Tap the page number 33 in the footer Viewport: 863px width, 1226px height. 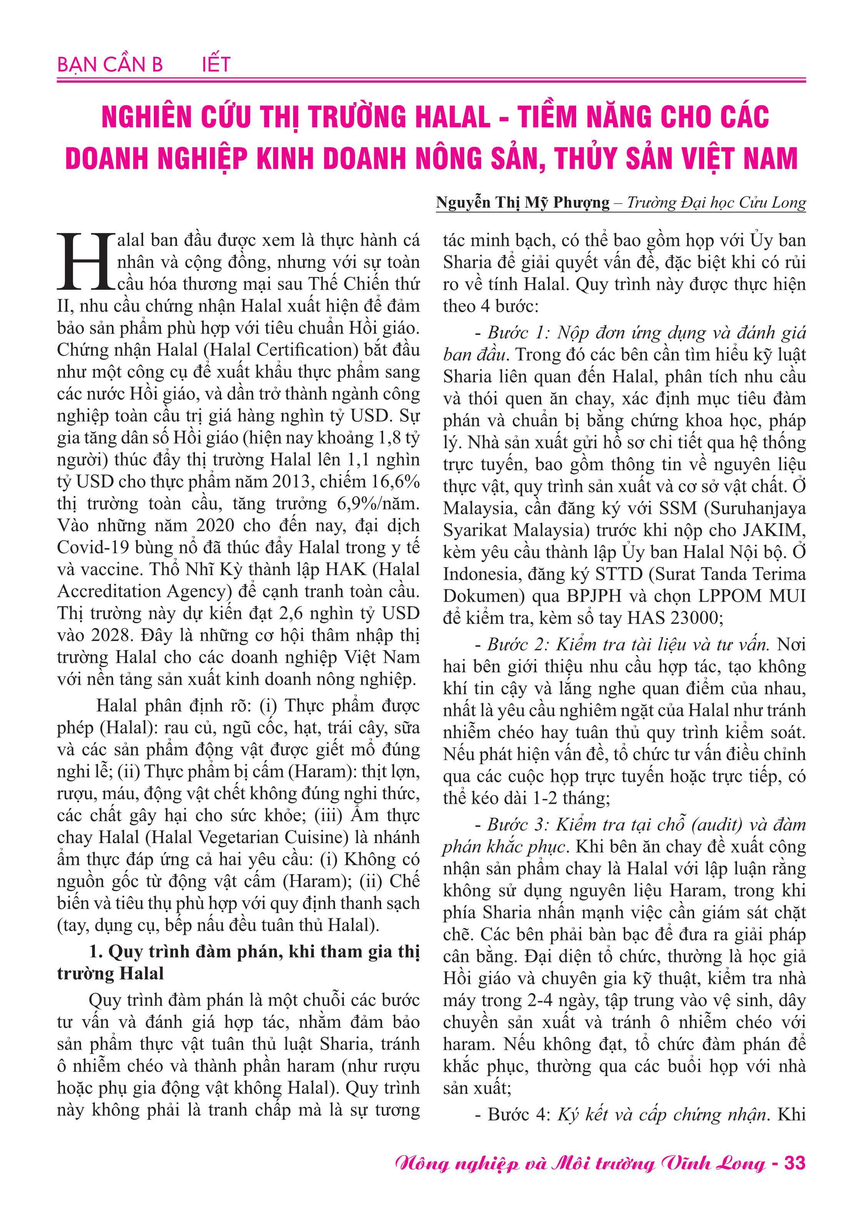pos(794,1163)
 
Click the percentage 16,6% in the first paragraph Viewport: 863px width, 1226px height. pos(395,482)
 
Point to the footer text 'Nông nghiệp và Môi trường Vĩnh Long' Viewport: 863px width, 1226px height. pos(580,1163)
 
